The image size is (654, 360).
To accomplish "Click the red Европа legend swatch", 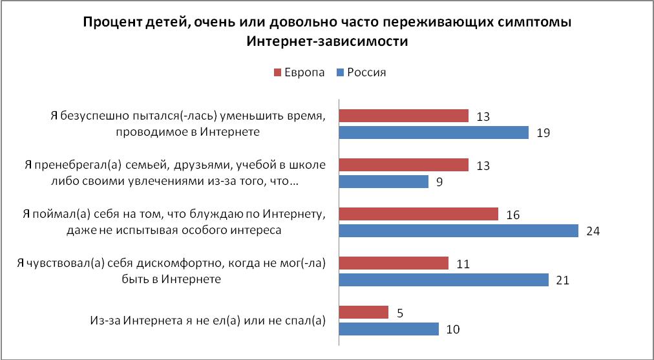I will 278,72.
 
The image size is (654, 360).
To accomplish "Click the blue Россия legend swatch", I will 340,72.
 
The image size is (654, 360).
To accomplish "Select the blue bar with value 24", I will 458,231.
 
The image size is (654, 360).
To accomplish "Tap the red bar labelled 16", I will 419,214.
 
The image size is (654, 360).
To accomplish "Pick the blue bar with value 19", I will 434,132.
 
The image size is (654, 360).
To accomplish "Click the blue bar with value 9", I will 384,182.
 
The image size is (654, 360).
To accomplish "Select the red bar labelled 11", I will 394,263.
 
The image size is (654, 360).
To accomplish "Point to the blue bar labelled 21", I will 443,280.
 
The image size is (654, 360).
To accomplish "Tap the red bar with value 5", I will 364,312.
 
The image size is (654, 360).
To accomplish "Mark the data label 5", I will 400,312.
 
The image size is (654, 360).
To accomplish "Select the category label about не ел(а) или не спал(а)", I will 206,321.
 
